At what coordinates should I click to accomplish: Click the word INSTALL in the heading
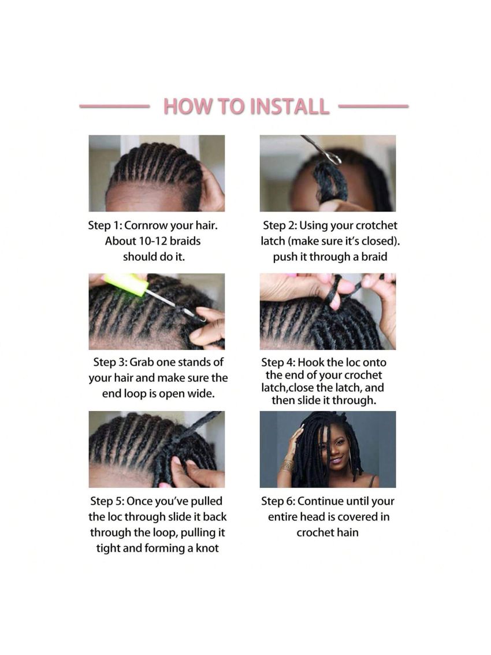[x=289, y=106]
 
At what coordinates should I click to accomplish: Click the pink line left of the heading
[x=115, y=106]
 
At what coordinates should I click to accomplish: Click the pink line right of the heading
[x=373, y=106]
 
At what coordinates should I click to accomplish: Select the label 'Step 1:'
[x=105, y=225]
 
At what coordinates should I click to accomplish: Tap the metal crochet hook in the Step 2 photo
[x=322, y=150]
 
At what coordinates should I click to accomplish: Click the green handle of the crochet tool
[x=127, y=284]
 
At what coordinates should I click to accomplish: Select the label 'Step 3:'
[x=110, y=362]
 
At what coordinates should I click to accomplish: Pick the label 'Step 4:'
[x=278, y=362]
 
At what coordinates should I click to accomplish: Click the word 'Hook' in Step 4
[x=311, y=362]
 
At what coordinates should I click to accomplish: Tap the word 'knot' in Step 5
[x=207, y=548]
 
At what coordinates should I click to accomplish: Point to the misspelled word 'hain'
[x=348, y=532]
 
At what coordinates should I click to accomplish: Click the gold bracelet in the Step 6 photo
[x=287, y=465]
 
